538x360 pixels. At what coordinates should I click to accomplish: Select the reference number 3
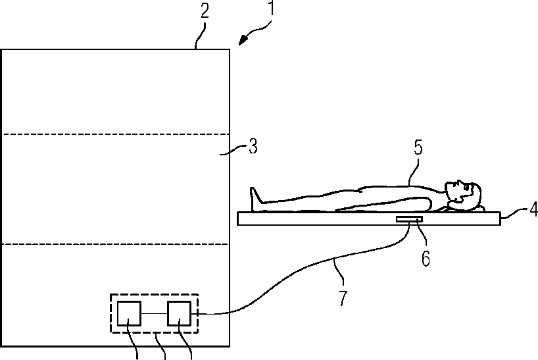coord(253,147)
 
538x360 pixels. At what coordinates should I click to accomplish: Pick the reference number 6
coord(426,259)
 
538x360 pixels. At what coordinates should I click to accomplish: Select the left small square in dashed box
coord(129,313)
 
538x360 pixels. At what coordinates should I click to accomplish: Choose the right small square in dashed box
coord(178,313)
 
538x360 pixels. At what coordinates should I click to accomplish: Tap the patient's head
coord(464,192)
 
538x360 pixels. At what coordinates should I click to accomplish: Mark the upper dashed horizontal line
coord(115,135)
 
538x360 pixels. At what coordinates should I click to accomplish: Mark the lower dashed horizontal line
coord(115,244)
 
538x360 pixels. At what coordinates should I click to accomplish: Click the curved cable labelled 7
coord(296,276)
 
